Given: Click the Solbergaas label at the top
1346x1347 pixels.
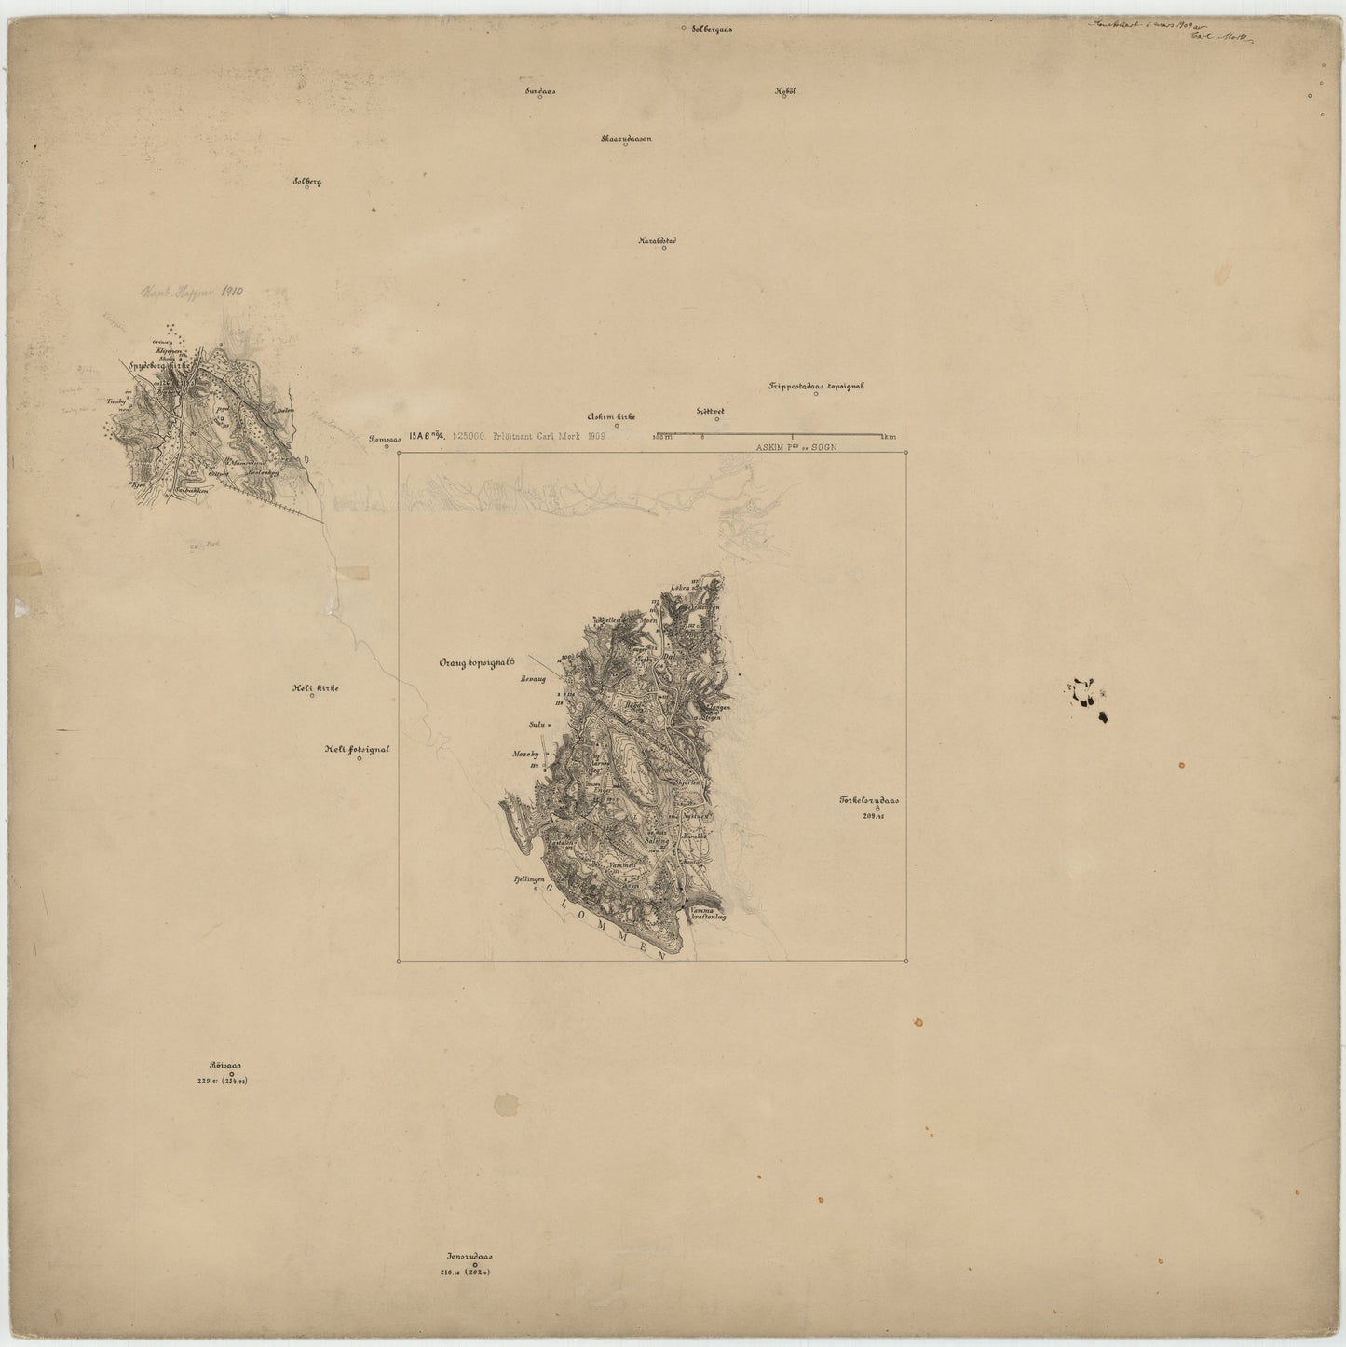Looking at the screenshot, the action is point(712,29).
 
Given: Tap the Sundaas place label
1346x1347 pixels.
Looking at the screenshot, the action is point(540,92).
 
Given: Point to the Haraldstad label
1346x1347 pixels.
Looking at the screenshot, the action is point(657,240).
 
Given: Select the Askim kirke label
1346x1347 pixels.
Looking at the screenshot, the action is point(611,417).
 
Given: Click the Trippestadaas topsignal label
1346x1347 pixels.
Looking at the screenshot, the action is point(816,386).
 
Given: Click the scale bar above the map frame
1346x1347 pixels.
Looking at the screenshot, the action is point(768,435).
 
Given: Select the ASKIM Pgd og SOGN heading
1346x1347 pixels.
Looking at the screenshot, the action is point(797,447).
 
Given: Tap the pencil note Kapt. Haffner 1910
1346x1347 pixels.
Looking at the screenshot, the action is point(191,292).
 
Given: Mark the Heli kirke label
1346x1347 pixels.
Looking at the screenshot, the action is point(315,688).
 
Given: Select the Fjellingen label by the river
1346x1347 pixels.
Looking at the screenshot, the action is point(522,878).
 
